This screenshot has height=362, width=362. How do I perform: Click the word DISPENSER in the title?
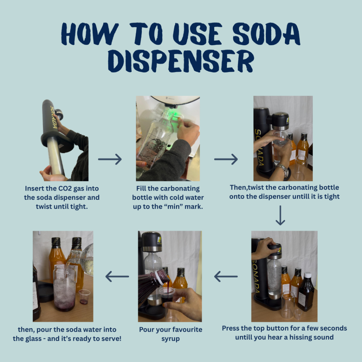(x=181, y=61)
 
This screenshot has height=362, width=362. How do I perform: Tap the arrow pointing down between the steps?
(x=280, y=215)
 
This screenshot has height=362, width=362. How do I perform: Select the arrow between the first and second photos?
(x=110, y=159)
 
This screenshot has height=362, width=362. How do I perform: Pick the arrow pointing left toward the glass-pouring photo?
(x=117, y=276)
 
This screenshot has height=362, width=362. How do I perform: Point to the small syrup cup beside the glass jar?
(x=84, y=297)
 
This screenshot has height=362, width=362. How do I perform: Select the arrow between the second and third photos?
(x=226, y=159)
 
